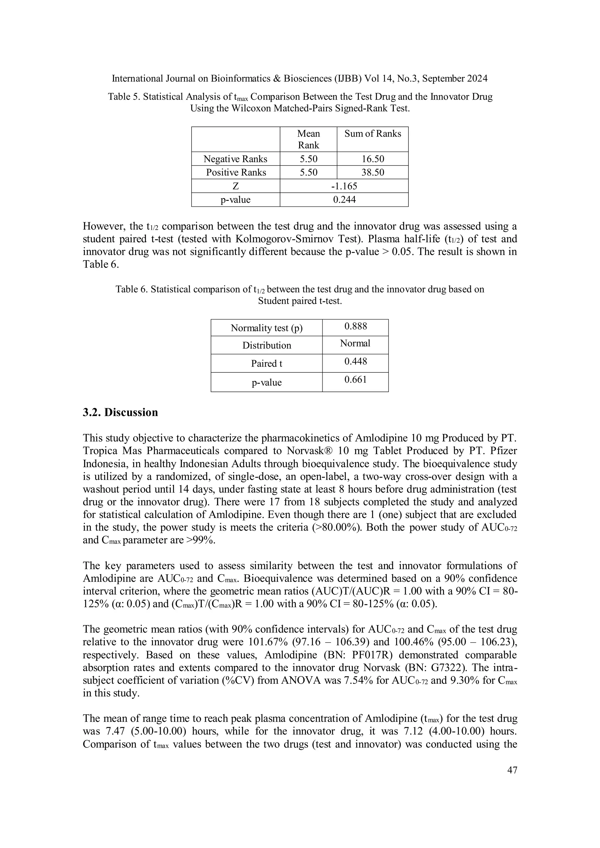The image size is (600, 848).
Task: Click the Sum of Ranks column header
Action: click(372, 134)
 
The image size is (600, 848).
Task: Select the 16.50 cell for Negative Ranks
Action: click(372, 159)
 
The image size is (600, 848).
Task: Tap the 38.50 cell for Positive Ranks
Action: click(372, 172)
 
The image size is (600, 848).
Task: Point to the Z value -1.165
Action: click(344, 186)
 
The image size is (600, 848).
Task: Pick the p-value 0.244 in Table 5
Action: click(344, 200)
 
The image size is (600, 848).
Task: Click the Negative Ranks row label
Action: click(235, 159)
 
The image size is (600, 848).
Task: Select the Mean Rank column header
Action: click(308, 139)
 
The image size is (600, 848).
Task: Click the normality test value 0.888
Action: click(355, 326)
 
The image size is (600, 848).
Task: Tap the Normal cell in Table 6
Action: click(355, 343)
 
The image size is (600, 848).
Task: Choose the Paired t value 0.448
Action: click(355, 362)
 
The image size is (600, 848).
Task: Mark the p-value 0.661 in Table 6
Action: click(355, 380)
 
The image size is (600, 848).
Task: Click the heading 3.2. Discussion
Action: click(120, 413)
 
